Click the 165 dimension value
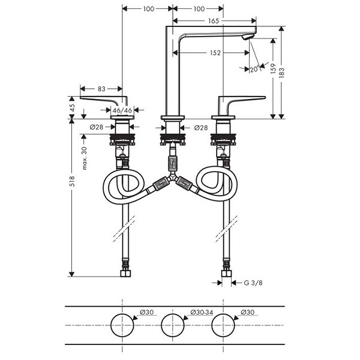tap(214, 21)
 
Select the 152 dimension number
tap(215, 53)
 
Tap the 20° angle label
tap(254, 69)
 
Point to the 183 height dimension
tap(282, 73)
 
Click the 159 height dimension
tap(273, 68)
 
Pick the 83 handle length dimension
tap(101, 89)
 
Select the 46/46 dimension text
tap(122, 110)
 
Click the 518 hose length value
tap(72, 181)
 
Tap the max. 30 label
tap(84, 158)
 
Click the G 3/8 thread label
tap(253, 283)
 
